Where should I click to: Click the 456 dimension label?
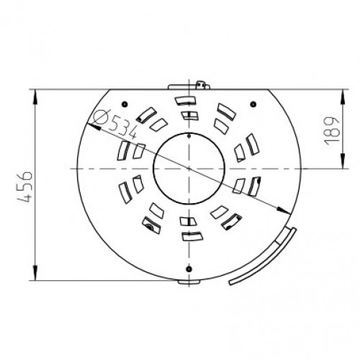coord(25,187)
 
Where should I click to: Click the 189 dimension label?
coord(332,132)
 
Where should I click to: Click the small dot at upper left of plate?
coord(125,104)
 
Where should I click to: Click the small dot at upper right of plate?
coord(253,104)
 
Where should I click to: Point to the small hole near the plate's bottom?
coord(189,269)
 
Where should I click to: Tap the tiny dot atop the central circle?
coord(189,136)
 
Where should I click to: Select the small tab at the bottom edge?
coord(189,282)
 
